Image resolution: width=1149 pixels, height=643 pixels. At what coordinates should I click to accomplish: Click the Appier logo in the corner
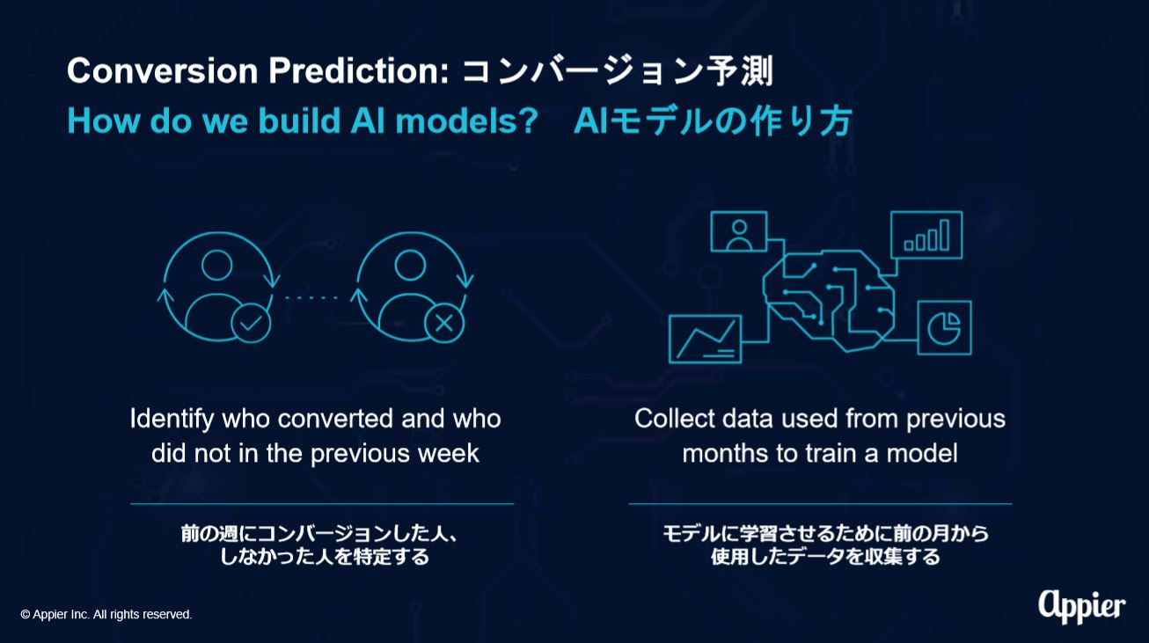click(x=1082, y=607)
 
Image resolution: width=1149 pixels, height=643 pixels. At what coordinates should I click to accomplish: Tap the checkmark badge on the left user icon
click(x=251, y=323)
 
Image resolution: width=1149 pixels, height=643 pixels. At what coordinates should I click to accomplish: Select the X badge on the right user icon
click(x=444, y=323)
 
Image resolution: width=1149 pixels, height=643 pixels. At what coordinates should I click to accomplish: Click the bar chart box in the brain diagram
click(x=926, y=235)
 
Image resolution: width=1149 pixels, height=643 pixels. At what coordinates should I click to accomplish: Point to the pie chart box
click(x=944, y=327)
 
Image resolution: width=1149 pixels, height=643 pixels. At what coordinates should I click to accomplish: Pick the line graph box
click(x=706, y=339)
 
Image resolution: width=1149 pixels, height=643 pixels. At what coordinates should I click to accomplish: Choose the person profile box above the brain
click(x=739, y=231)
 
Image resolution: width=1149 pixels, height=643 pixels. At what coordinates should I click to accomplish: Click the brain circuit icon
click(x=829, y=301)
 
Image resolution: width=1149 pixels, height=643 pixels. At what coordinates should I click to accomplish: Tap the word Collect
click(x=675, y=419)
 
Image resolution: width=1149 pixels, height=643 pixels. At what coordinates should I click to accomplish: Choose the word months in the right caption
click(x=724, y=454)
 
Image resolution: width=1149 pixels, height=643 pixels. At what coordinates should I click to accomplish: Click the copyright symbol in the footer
click(x=26, y=614)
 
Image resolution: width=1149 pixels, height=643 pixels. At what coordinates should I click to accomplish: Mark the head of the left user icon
click(x=217, y=265)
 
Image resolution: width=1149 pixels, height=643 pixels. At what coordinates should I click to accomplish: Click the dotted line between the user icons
click(x=311, y=298)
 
